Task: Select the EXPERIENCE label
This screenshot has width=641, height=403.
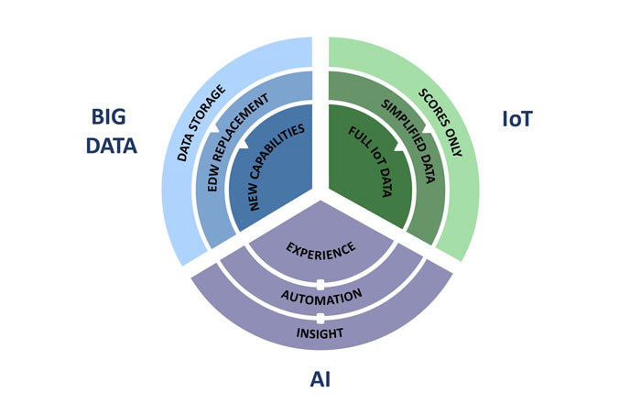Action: [x=320, y=248]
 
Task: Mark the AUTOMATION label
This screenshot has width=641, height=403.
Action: [x=320, y=297]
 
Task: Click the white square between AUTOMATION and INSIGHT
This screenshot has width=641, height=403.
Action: [x=320, y=317]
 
